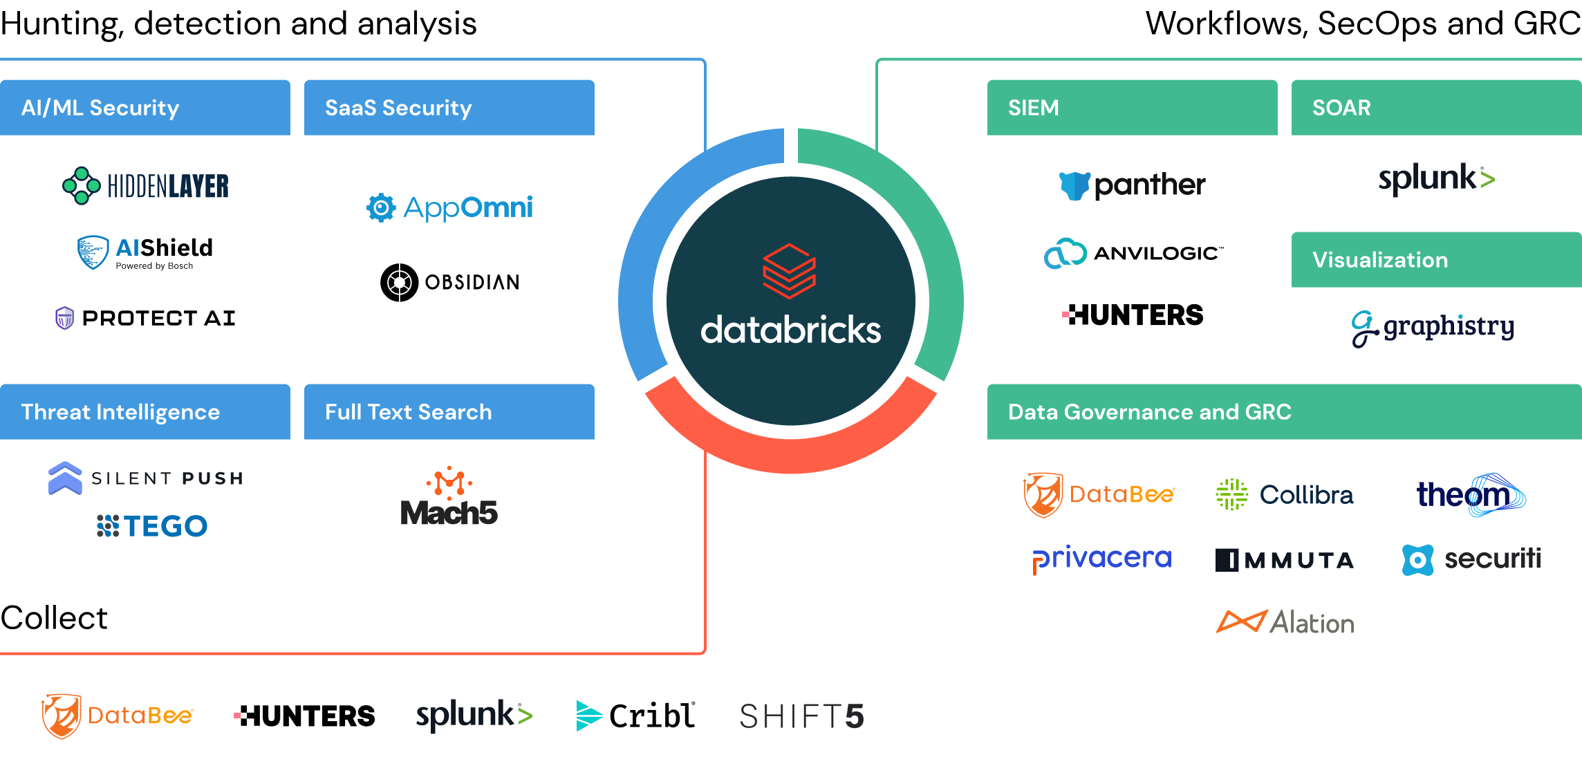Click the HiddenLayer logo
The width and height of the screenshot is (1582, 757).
[x=146, y=185]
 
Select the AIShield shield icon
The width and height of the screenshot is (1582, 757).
[x=93, y=252]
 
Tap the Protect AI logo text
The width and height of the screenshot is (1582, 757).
[x=159, y=318]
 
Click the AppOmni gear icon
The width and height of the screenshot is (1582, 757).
[x=381, y=207]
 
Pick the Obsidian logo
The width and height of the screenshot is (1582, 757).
[x=449, y=282]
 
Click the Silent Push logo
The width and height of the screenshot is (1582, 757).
[x=146, y=478]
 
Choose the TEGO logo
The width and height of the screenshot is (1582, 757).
[x=152, y=526]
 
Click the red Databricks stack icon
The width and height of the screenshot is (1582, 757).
[x=790, y=271]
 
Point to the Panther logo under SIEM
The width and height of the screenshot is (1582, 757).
[x=1133, y=185]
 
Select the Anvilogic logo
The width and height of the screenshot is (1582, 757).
[x=1133, y=253]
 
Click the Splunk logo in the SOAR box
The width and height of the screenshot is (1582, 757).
[x=1437, y=179]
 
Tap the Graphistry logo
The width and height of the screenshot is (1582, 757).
[x=1433, y=328]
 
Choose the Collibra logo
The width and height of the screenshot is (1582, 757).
[x=1285, y=495]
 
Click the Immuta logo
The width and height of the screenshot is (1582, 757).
[x=1285, y=560]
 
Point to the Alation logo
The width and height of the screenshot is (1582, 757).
[x=1285, y=622]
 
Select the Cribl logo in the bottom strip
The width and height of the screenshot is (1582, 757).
[x=635, y=716]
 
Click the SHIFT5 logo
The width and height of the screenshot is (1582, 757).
[x=802, y=716]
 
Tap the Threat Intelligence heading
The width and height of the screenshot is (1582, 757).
[x=120, y=412]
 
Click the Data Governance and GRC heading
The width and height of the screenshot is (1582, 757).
[x=1149, y=412]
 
